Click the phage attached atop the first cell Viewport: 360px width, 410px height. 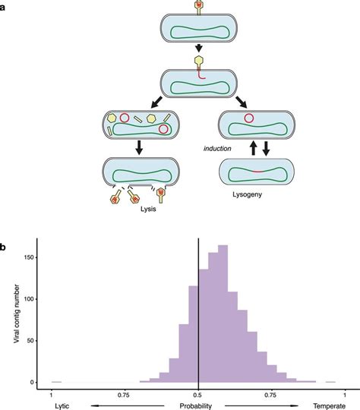(197, 7)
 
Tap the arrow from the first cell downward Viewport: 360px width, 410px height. (197, 56)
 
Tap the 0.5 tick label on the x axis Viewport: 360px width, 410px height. (198, 395)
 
